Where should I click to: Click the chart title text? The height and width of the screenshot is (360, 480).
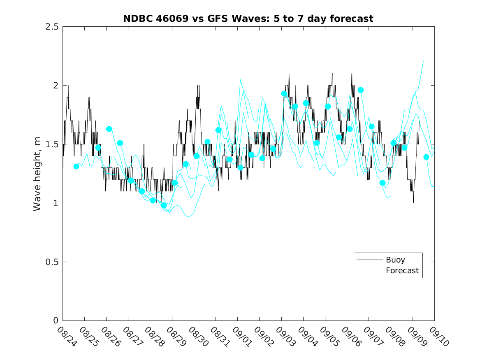pyautogui.click(x=248, y=19)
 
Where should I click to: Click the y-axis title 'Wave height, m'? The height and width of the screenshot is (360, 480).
pyautogui.click(x=37, y=174)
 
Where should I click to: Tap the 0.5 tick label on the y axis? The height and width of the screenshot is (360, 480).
pyautogui.click(x=53, y=262)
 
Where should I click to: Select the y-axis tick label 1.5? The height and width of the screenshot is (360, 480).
pyautogui.click(x=53, y=144)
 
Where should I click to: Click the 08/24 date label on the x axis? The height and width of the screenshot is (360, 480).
pyautogui.click(x=65, y=336)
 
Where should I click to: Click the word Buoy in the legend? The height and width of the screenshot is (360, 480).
pyautogui.click(x=395, y=260)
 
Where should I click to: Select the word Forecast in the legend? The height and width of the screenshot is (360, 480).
pyautogui.click(x=402, y=271)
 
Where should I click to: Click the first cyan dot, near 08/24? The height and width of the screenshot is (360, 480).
pyautogui.click(x=76, y=166)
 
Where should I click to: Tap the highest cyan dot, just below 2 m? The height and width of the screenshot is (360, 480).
pyautogui.click(x=361, y=90)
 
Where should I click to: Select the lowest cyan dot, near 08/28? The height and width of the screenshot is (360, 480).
pyautogui.click(x=164, y=205)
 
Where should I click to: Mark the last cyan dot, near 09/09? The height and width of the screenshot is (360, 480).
pyautogui.click(x=426, y=157)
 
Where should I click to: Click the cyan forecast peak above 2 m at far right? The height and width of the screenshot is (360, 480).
pyautogui.click(x=423, y=61)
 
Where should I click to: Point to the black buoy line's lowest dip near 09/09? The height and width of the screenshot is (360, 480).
pyautogui.click(x=413, y=202)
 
